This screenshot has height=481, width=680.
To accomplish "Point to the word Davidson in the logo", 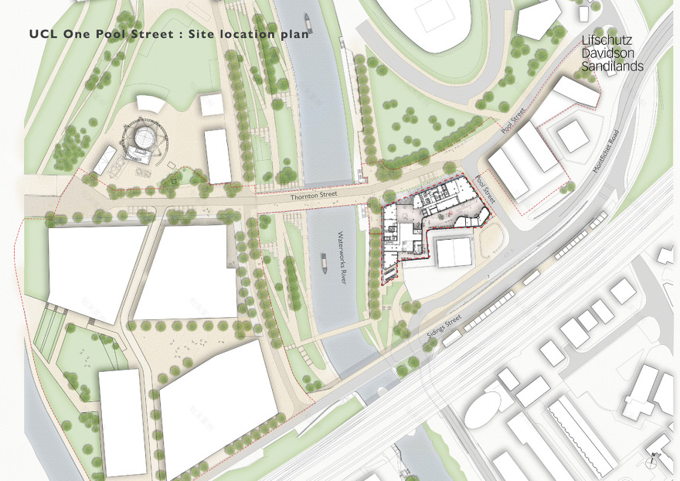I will pyautogui.click(x=607, y=55).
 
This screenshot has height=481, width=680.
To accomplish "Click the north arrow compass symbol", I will pyautogui.click(x=654, y=460).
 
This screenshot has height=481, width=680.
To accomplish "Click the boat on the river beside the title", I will pyautogui.click(x=307, y=23).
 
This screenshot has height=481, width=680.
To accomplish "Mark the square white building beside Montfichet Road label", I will pyautogui.click(x=573, y=136).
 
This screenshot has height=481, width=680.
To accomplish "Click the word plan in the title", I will pyautogui.click(x=294, y=34).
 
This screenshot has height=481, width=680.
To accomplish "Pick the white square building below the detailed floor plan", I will pyautogui.click(x=453, y=252).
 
